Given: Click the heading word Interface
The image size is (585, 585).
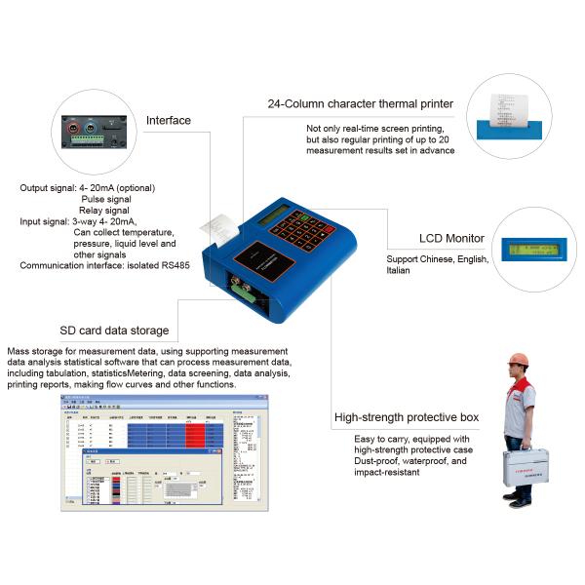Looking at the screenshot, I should click(x=168, y=121).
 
